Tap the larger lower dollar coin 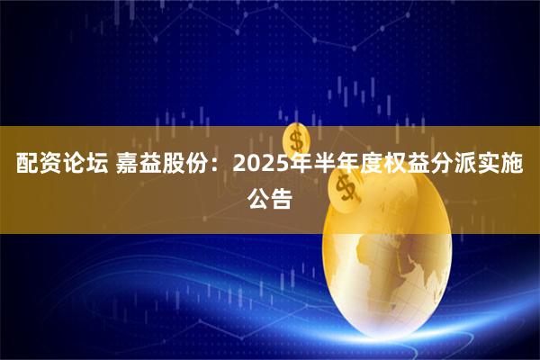(343, 186)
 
